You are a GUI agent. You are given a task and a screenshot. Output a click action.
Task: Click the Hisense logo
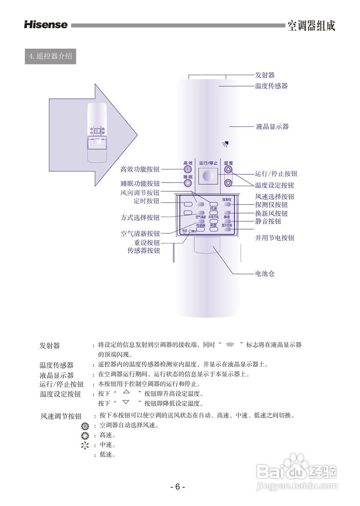click(x=46, y=25)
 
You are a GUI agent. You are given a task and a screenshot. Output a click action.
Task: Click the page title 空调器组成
click(x=311, y=26)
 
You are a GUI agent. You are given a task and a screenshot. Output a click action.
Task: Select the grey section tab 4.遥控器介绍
click(x=50, y=56)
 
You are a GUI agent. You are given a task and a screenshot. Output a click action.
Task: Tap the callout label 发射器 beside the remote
click(x=265, y=75)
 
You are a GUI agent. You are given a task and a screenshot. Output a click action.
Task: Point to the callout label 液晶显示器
click(x=272, y=127)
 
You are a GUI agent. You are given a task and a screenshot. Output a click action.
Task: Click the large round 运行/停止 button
click(x=208, y=176)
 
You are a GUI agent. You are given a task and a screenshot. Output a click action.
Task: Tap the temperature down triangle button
click(x=228, y=183)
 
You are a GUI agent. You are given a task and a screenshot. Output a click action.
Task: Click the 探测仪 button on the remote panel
click(x=227, y=204)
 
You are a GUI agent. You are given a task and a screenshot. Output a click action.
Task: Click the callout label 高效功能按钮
click(x=140, y=170)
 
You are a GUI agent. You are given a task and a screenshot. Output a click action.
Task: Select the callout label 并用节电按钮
click(x=275, y=238)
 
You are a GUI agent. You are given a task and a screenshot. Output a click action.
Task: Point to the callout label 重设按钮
click(x=147, y=243)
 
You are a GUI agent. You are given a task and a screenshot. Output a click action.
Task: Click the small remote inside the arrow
click(x=97, y=132)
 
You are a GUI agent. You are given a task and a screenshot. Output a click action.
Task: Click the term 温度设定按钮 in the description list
click(x=60, y=394)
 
